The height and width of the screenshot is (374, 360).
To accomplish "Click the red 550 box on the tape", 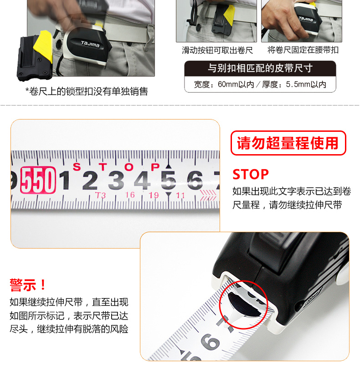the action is (38, 180).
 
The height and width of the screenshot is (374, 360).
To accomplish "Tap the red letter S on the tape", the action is (77, 167).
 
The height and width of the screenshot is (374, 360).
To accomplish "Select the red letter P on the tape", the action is (155, 167).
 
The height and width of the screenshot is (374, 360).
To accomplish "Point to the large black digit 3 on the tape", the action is (116, 180).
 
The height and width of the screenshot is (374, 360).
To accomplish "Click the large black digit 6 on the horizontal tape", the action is (195, 180).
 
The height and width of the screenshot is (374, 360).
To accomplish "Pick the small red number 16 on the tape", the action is (130, 195).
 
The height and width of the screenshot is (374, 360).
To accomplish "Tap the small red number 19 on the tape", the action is (154, 195).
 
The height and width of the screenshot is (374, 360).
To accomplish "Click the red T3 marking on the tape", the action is (101, 196).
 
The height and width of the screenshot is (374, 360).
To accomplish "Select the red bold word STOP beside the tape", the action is (251, 174).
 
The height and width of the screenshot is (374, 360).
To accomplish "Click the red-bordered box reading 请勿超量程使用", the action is (288, 143).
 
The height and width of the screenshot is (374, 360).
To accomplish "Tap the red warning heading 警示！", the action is (28, 285).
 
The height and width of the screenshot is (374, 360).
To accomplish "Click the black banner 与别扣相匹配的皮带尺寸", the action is (260, 68).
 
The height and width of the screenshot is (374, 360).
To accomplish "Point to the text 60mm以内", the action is (236, 84).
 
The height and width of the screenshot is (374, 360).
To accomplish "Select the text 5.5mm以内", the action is (306, 84).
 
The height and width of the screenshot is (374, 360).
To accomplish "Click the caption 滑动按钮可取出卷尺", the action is (217, 50).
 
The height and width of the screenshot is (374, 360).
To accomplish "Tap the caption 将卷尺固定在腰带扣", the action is (303, 50).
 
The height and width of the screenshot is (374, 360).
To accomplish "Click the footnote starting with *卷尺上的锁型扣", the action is (87, 91).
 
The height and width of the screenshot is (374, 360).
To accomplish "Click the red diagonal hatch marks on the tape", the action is (208, 196).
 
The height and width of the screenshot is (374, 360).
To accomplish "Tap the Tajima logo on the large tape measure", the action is (90, 44).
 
